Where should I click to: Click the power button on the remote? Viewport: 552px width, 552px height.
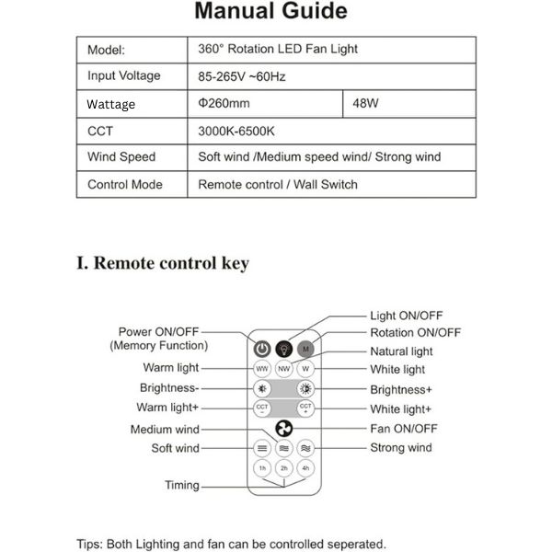coord(262,350)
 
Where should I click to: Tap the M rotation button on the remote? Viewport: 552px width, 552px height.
coord(306,350)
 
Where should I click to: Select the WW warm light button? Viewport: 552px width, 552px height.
coord(262,369)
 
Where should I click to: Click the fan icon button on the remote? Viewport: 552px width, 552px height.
coord(284,429)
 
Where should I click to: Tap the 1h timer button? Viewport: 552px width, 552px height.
coord(262,467)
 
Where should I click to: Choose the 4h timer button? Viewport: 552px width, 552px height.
coord(306,467)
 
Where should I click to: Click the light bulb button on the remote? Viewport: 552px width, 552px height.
coord(284,350)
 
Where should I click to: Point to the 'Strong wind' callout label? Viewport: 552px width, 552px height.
coord(400,448)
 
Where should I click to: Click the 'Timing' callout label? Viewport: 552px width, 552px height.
coord(182,485)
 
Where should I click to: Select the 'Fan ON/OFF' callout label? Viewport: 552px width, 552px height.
coord(404,429)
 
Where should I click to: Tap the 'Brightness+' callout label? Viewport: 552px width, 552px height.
coord(400,389)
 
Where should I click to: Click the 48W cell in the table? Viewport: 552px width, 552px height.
coord(365,103)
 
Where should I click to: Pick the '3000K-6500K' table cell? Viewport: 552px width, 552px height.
coord(236,131)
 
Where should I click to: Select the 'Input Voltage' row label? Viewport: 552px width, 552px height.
coord(123,76)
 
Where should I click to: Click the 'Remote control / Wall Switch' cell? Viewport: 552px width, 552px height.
coord(278,184)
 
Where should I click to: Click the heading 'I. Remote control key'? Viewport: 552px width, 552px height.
coord(162,263)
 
